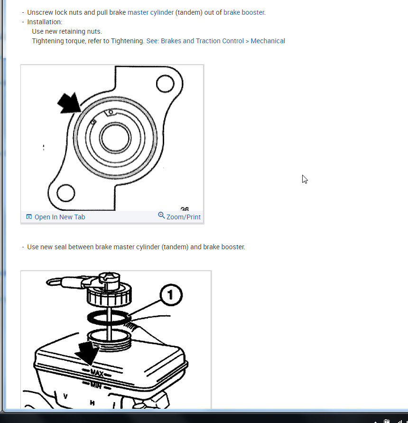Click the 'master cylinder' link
point(150,12)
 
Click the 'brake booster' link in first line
point(244,12)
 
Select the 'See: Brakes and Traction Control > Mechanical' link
point(216,41)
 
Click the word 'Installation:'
point(45,22)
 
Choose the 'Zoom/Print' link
point(184,217)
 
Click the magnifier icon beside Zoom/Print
point(161,215)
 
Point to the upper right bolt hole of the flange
point(165,84)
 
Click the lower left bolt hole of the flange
point(66,193)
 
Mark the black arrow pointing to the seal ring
point(69,103)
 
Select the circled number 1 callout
point(171,295)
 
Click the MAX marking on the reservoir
point(97,373)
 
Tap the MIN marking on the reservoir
point(96,385)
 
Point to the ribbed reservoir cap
point(109,295)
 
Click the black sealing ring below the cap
point(109,318)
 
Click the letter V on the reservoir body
point(65,396)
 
